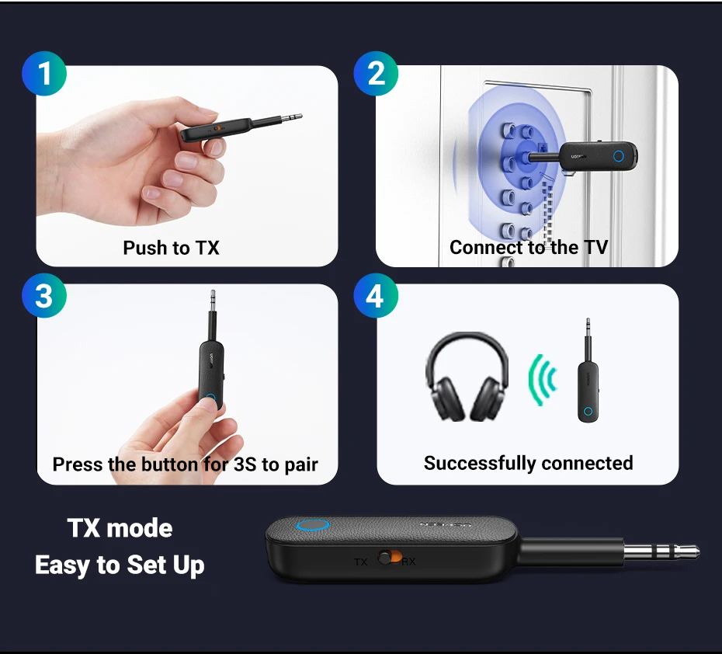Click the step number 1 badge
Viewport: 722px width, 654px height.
[x=44, y=73]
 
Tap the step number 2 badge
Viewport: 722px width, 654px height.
[x=376, y=73]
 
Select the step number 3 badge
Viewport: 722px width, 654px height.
[x=44, y=295]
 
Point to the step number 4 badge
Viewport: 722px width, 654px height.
[x=376, y=295]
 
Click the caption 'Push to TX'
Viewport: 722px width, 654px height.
[x=171, y=248]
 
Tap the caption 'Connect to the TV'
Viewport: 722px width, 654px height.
[x=529, y=247]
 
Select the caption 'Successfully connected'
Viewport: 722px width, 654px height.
[x=528, y=464]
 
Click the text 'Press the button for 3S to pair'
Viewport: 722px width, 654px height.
[x=185, y=464]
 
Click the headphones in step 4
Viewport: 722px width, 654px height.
[x=467, y=376]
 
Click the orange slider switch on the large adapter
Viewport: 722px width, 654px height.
[x=390, y=558]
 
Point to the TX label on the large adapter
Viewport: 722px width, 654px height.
[x=360, y=562]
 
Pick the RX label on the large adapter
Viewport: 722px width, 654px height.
[x=408, y=562]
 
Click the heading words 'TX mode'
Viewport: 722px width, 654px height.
[x=120, y=528]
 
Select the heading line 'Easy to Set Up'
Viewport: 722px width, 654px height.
[x=120, y=565]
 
